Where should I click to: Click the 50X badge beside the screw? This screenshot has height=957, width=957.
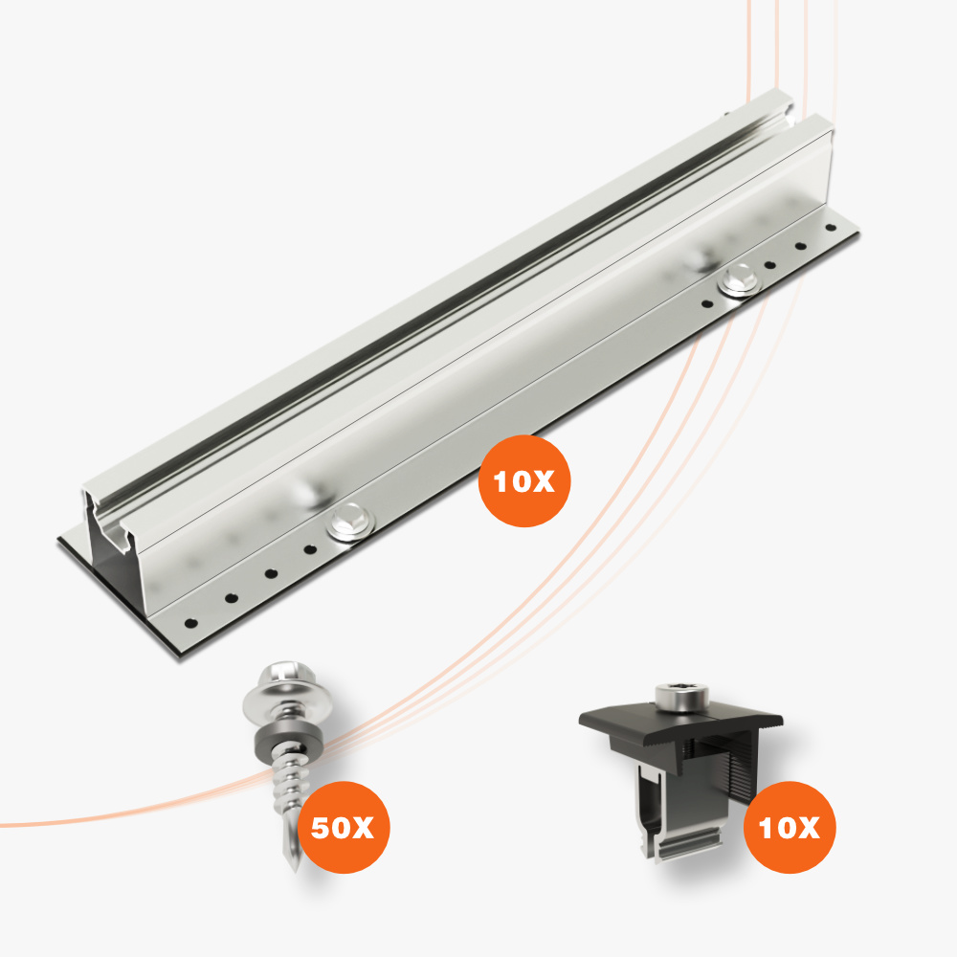(343, 827)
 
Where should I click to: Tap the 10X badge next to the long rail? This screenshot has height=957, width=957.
(524, 481)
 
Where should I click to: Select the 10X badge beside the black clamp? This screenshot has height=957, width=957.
(790, 827)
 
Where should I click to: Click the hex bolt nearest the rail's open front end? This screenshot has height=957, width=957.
(350, 523)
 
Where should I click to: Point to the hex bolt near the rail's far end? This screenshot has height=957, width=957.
(740, 280)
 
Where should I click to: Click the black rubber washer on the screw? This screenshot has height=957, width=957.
(285, 739)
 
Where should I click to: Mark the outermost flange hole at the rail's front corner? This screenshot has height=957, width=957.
(191, 623)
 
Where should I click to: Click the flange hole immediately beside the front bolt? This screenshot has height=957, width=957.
(310, 549)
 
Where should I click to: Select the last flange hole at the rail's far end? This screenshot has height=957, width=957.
(830, 229)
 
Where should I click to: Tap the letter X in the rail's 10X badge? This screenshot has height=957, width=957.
(541, 481)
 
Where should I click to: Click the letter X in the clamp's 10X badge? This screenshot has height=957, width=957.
(806, 828)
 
